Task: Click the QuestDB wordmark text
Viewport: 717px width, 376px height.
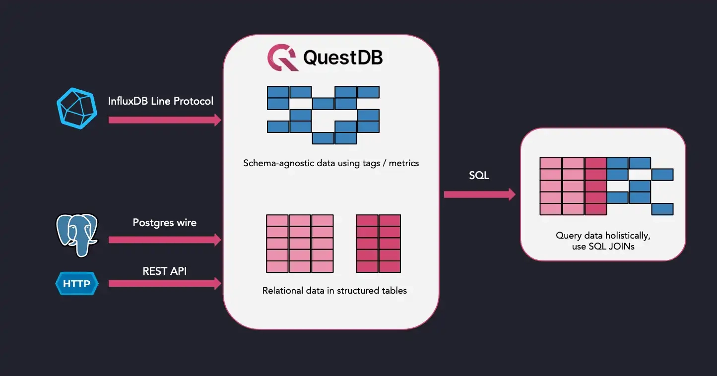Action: pyautogui.click(x=342, y=58)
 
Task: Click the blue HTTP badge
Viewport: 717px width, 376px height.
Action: pyautogui.click(x=76, y=284)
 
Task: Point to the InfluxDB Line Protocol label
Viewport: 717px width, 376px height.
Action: pyautogui.click(x=161, y=101)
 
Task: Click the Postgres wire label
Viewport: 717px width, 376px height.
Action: pyautogui.click(x=164, y=223)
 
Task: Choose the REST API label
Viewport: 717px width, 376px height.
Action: pyautogui.click(x=165, y=271)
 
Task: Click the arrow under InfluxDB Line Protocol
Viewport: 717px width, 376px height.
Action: pyautogui.click(x=164, y=120)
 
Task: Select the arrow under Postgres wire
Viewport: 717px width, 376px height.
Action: pyautogui.click(x=164, y=240)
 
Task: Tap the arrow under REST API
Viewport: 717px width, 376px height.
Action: pyautogui.click(x=164, y=283)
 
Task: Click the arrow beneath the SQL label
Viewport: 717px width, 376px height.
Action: pyautogui.click(x=479, y=194)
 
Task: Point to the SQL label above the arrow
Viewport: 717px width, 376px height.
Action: pyautogui.click(x=479, y=176)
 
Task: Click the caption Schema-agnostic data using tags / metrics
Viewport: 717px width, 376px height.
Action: pyautogui.click(x=331, y=163)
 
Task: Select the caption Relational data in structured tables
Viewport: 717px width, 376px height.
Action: pyautogui.click(x=334, y=291)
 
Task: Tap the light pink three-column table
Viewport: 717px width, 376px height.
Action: pyautogui.click(x=300, y=244)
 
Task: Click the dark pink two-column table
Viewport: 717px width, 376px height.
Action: pyautogui.click(x=378, y=244)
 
